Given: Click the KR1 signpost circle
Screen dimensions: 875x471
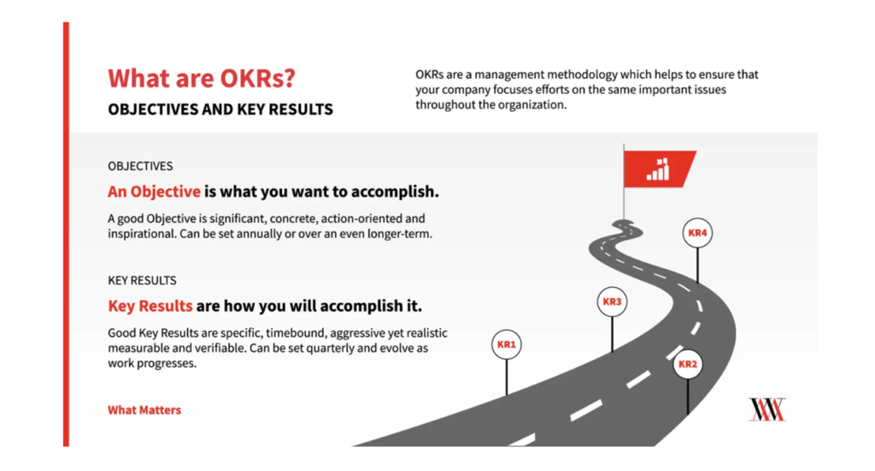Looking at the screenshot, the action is [506, 344].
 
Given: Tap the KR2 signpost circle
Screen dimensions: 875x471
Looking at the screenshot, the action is [688, 364].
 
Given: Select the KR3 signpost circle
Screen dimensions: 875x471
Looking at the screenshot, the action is [612, 302].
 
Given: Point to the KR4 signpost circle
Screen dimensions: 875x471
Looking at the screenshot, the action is [697, 233].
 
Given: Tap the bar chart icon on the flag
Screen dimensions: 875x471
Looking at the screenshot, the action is [658, 169].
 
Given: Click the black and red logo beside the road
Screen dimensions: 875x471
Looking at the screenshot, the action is [767, 409].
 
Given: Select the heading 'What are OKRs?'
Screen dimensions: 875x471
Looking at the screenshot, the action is [202, 78].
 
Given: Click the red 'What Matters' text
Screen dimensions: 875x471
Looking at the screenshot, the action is [144, 410].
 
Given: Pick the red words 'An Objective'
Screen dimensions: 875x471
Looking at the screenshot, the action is [154, 191].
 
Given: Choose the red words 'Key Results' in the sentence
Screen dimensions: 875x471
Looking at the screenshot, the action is [150, 306].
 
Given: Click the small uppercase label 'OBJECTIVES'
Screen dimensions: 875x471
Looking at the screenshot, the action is [141, 167].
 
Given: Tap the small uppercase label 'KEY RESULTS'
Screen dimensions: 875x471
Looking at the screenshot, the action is [143, 280].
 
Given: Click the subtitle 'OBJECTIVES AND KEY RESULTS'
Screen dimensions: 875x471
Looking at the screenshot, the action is [220, 109].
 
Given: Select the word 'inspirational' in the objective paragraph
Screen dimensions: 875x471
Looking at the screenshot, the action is [142, 234].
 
